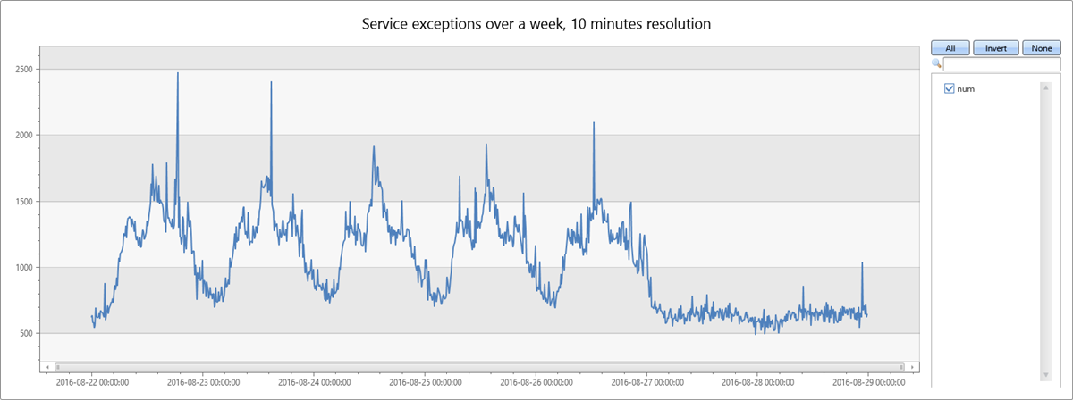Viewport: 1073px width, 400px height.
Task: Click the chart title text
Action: coord(536,24)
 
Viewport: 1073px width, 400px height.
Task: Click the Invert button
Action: coord(996,48)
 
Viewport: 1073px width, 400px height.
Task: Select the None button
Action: coord(1041,48)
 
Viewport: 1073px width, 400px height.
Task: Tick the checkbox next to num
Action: coord(950,88)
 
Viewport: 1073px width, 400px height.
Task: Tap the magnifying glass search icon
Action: coord(936,64)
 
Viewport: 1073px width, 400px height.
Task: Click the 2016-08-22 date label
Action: coord(91,382)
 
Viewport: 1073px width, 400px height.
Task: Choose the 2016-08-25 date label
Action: coord(425,382)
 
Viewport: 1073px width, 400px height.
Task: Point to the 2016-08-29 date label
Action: coord(867,382)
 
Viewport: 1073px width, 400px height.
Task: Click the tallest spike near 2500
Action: coord(177,73)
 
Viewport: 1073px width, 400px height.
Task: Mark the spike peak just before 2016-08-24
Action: coord(271,83)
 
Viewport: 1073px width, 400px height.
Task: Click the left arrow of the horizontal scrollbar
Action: coord(46,366)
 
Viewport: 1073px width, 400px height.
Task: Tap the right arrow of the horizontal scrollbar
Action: coord(911,366)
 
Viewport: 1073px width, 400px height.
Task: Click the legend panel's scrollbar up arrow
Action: coord(1043,87)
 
